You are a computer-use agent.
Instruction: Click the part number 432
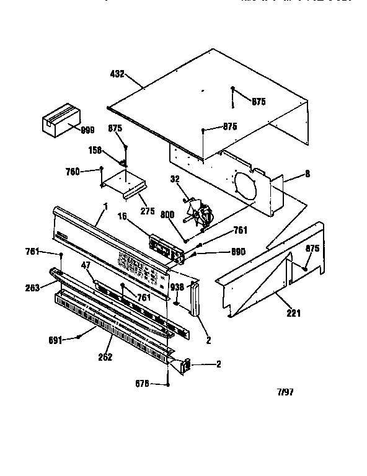tap(117, 74)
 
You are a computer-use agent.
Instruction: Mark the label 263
tap(33, 287)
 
